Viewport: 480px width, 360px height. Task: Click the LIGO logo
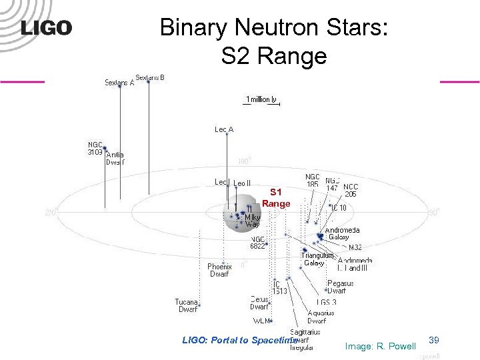[46, 28]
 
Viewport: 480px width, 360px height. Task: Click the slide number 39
[434, 340]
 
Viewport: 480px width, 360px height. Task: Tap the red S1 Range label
[276, 198]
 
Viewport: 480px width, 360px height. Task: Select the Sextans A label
[119, 83]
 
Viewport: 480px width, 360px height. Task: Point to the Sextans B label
[150, 77]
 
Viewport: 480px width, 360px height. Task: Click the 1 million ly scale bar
[261, 101]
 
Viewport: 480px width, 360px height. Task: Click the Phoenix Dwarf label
[219, 270]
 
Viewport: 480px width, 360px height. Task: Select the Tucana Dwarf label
[187, 305]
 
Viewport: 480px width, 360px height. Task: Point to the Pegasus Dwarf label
[340, 287]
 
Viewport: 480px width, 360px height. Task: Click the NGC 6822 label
[258, 242]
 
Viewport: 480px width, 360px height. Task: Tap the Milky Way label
[252, 221]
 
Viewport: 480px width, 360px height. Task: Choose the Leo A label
[224, 129]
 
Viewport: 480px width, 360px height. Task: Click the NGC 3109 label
[95, 148]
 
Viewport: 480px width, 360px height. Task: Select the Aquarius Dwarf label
[321, 317]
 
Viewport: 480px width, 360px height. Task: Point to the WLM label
[261, 321]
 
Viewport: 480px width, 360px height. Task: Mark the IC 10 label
[338, 208]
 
